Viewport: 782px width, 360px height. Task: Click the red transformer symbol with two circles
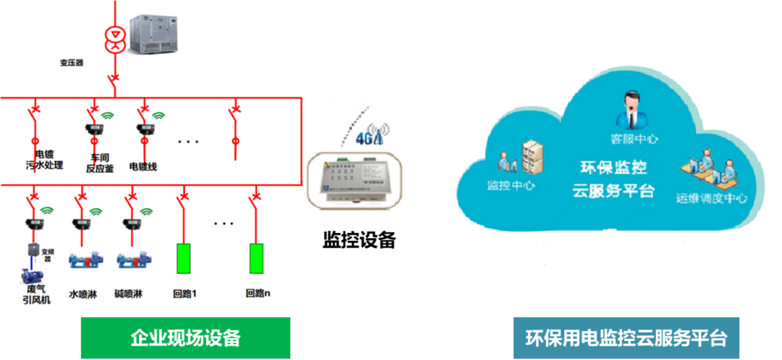[114, 39]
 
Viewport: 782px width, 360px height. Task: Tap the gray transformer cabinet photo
[152, 34]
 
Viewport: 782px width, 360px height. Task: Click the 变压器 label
[72, 63]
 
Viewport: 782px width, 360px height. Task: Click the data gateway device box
[354, 180]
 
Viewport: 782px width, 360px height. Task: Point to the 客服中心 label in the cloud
[634, 139]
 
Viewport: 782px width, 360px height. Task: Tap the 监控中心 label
[511, 185]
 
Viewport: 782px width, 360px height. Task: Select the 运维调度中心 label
[711, 198]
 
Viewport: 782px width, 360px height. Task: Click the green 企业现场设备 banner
[186, 338]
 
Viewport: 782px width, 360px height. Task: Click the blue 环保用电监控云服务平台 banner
[626, 338]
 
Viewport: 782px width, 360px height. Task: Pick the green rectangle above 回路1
[183, 258]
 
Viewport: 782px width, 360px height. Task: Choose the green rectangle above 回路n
[256, 258]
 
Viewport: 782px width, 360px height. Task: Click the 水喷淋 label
[83, 294]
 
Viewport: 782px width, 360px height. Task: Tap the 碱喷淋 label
[128, 294]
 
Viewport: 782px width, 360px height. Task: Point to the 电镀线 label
[143, 167]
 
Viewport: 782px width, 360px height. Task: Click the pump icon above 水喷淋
[85, 260]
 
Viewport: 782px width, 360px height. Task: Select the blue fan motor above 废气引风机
[31, 276]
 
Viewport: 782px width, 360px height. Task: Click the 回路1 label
[185, 294]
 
